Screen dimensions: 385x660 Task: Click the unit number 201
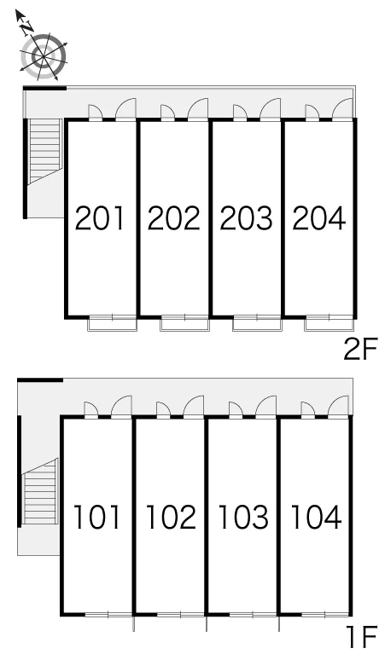(x=100, y=218)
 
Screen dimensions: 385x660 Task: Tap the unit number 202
(x=173, y=218)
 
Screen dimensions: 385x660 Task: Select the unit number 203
(x=246, y=218)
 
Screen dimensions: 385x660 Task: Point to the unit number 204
(x=319, y=218)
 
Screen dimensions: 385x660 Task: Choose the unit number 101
(x=97, y=517)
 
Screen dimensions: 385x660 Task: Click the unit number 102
(x=171, y=517)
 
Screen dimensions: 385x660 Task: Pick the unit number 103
(x=243, y=517)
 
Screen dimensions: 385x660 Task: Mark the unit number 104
(x=316, y=517)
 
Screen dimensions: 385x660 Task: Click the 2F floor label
(x=359, y=350)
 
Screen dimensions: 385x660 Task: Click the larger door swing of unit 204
(x=342, y=109)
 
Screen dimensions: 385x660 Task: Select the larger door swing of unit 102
(x=194, y=406)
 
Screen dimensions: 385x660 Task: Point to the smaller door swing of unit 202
(x=168, y=113)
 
